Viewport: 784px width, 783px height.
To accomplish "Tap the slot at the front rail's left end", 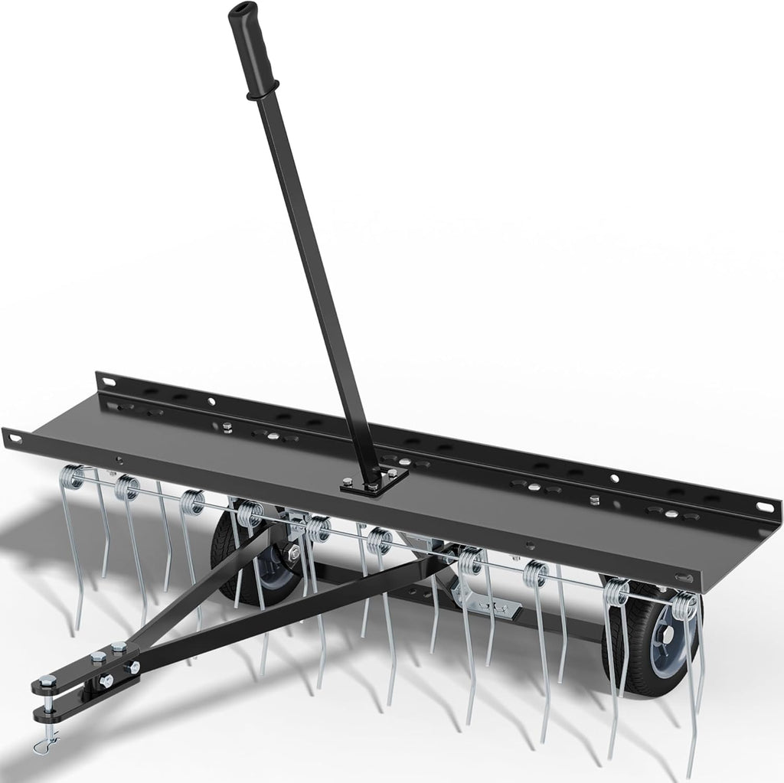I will pyautogui.click(x=13, y=437).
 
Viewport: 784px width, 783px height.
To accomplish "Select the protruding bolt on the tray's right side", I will pyautogui.click(x=595, y=499).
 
